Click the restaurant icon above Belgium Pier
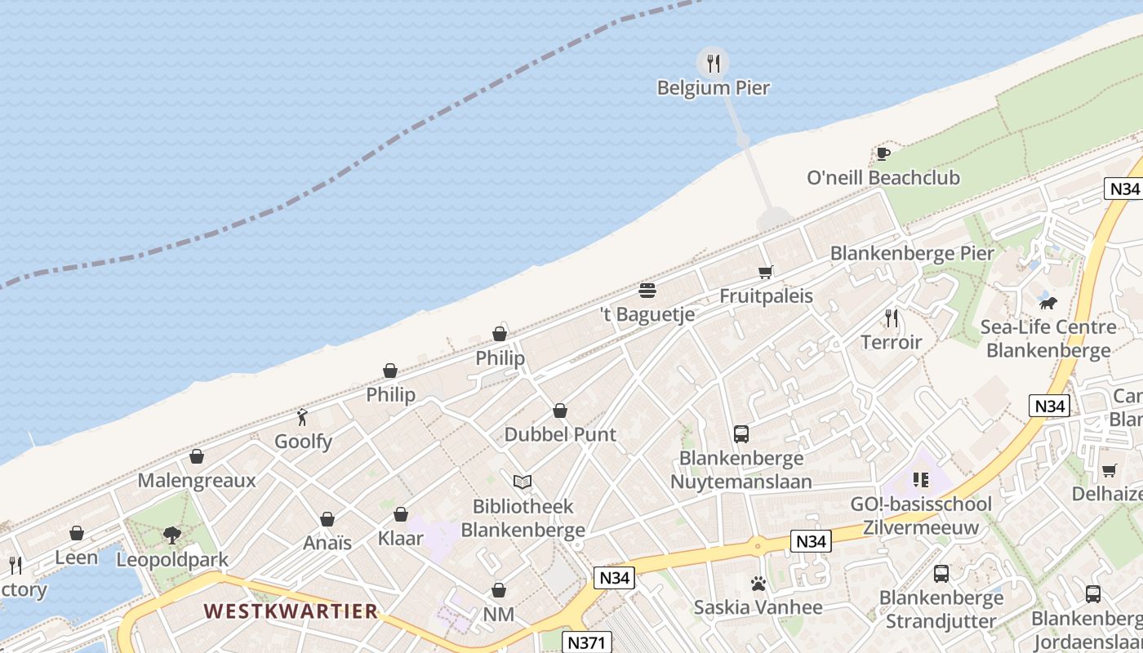coord(713,63)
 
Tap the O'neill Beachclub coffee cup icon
coord(883,153)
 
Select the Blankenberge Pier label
coord(912,253)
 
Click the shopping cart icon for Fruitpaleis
coord(765,272)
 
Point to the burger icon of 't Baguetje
coord(647,291)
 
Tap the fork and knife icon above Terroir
coord(892,318)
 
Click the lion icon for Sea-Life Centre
coord(1047,304)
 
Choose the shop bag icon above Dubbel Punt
coord(560,411)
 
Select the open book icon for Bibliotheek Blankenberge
coord(523,482)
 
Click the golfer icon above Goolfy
coord(303,417)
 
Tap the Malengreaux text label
coord(197,480)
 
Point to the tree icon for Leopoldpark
coord(172,535)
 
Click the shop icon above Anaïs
coord(327,519)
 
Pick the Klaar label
coord(401,538)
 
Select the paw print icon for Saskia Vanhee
coord(758,584)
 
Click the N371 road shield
coord(587,642)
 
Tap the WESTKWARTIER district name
coord(291,611)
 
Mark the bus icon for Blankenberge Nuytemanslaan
coord(741,434)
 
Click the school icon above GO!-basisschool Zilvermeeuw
coord(921,479)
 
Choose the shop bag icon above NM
coord(499,590)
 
